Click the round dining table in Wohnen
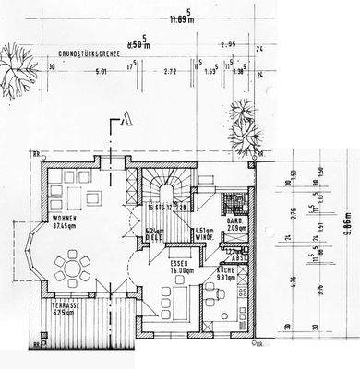point(70,269)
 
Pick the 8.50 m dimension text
point(137,42)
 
